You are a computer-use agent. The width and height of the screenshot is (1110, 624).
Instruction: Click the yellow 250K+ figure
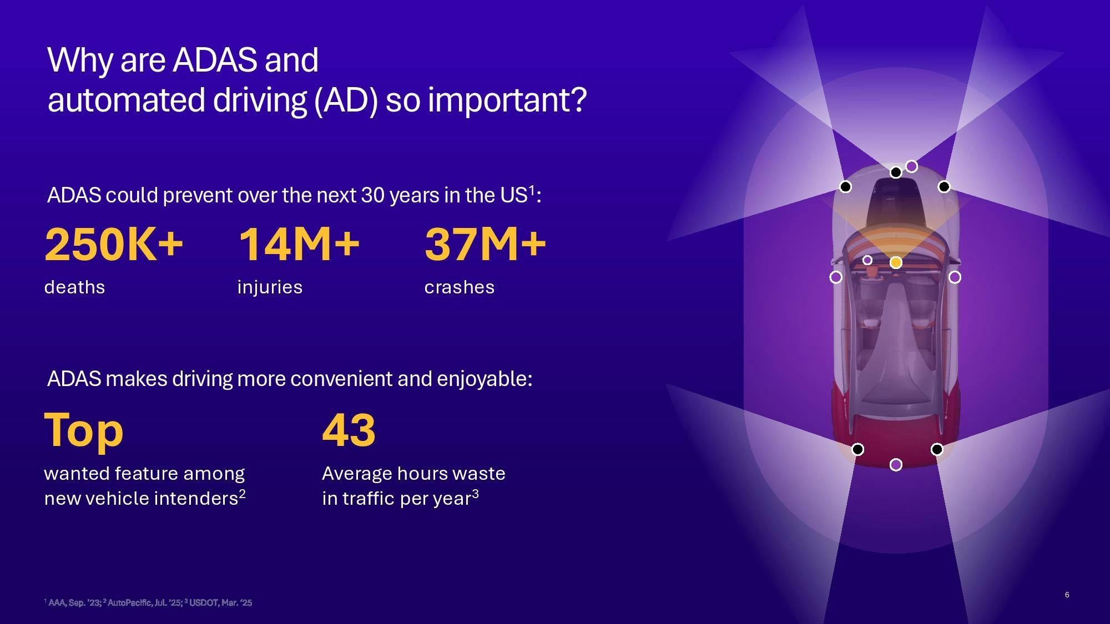pos(114,244)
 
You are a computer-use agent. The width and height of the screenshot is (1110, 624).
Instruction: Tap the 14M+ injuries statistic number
pos(299,244)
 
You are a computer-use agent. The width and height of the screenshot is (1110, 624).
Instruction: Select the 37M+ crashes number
pos(485,244)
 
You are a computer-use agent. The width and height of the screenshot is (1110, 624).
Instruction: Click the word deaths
pos(74,287)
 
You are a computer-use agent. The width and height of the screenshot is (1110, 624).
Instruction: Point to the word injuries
pos(270,287)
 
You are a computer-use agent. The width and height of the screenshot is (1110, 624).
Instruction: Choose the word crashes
pos(459,287)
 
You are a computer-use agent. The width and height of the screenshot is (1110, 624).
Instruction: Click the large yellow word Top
pos(84,430)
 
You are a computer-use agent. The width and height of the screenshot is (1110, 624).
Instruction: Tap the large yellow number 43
pos(349,430)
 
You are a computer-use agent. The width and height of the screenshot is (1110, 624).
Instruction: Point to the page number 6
pos(1067,595)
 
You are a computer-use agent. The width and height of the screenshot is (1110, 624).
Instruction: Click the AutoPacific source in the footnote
pos(143,602)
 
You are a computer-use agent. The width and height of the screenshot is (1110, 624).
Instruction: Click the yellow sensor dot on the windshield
pos(896,262)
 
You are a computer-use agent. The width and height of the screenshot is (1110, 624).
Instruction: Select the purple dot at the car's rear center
pos(896,464)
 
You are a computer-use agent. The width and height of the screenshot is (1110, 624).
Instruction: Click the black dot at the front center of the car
pos(895,173)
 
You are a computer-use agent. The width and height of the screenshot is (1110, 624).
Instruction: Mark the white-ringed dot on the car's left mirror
pos(835,277)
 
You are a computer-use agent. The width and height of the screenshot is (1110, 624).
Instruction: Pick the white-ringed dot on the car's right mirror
pos(955,277)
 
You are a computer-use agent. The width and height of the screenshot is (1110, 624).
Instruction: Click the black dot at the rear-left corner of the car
pos(857,449)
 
